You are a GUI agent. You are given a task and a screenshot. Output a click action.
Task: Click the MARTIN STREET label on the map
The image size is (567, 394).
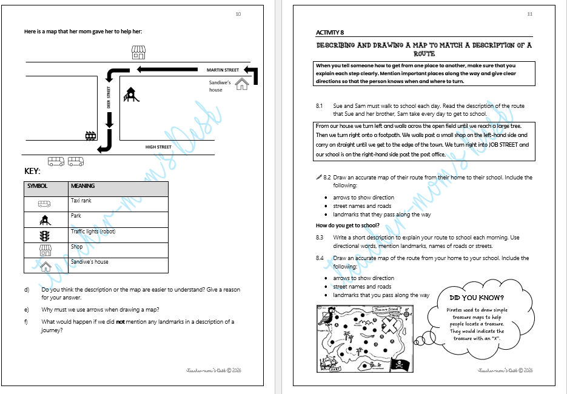[x=223, y=70]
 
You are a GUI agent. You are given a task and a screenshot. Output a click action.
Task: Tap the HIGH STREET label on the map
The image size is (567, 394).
[x=158, y=147]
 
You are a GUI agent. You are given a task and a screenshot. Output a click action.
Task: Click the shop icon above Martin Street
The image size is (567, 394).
[x=139, y=53]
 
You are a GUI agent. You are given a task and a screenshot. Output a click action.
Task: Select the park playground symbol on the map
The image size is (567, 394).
[x=130, y=95]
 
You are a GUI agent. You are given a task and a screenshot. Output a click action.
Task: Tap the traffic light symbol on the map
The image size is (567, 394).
[x=91, y=136]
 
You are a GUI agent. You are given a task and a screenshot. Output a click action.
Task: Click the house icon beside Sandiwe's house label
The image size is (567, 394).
[x=242, y=84]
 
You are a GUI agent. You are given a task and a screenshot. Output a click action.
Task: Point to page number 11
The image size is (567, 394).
[x=529, y=13]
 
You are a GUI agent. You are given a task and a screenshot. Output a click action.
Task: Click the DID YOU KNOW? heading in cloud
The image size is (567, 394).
[x=477, y=298]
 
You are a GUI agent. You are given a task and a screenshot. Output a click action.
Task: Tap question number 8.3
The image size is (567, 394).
[x=320, y=238]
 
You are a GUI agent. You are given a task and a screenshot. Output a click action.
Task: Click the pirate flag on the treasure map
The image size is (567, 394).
[x=401, y=364]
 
